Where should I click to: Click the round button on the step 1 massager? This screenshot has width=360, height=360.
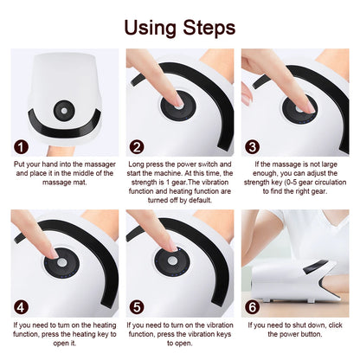[65, 112]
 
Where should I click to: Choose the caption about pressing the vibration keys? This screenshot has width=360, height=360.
[179, 334]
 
